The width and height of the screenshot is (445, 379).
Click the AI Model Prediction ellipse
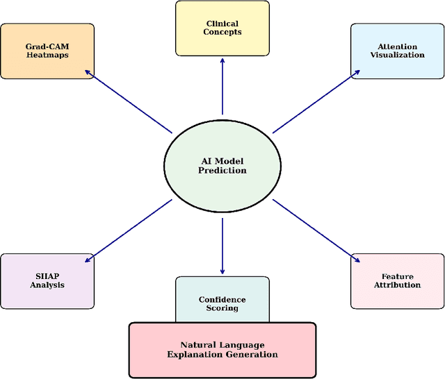pos(222,166)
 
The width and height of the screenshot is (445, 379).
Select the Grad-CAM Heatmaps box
pos(47,51)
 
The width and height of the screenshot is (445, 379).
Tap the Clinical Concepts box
pos(222,28)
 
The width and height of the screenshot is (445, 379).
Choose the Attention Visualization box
pos(397,51)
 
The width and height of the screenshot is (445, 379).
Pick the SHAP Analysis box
pos(47,280)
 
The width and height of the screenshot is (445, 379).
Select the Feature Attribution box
pos(397,280)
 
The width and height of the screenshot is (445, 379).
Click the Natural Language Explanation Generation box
pos(222,349)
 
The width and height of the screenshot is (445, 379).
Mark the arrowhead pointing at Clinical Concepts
pos(222,60)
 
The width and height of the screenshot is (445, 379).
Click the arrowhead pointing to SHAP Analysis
pos(87,261)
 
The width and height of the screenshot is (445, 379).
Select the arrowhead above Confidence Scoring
pos(222,271)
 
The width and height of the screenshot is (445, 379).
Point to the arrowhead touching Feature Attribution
pos(357,261)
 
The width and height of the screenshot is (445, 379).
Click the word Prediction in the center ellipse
pos(222,171)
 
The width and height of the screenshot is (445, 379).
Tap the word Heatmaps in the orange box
pos(47,56)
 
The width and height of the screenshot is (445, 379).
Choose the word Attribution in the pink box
pos(397,285)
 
